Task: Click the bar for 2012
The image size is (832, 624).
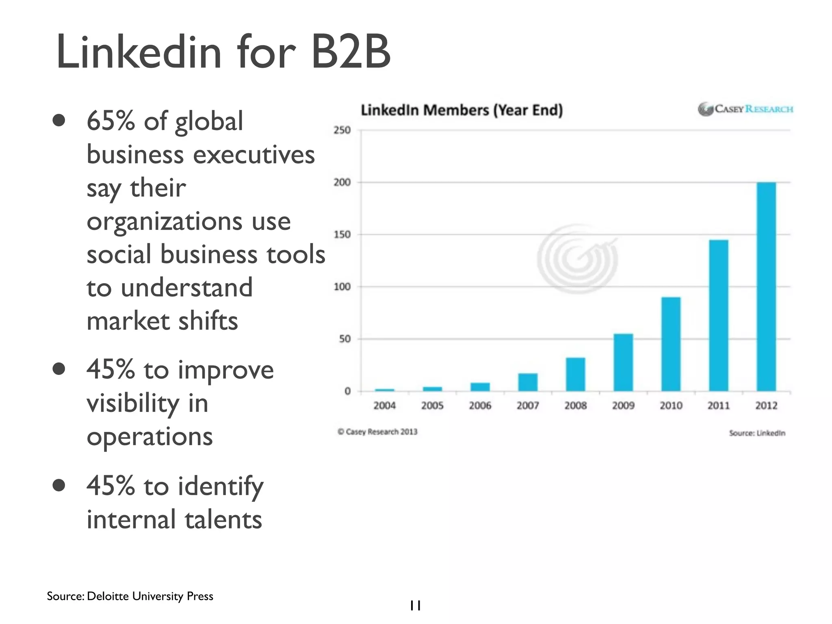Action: pos(766,286)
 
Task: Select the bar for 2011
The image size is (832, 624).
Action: pos(719,315)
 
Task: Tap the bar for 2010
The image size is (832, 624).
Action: pos(671,344)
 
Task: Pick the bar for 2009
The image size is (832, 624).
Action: pos(623,362)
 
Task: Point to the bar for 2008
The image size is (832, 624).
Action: pos(575,374)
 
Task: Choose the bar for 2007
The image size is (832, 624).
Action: pos(528,382)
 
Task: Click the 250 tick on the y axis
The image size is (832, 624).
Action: pos(342,130)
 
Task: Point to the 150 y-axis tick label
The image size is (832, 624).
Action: pos(342,235)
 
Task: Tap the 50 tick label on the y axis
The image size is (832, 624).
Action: pos(344,339)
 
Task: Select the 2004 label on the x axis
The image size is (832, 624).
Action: pos(384,405)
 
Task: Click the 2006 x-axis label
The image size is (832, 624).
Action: pos(480,405)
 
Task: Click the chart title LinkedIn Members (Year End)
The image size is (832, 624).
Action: pos(461,110)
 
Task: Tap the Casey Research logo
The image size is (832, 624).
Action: pos(745,109)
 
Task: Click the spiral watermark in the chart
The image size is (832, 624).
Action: pos(577,259)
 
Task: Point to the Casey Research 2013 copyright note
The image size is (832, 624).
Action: pos(377,432)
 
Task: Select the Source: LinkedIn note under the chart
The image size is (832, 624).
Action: pos(757,433)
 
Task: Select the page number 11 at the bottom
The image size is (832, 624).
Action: pos(415,606)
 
